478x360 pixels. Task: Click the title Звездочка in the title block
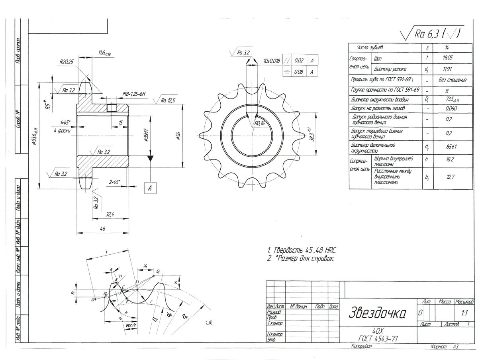[x=377, y=313]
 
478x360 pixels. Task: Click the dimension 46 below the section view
[x=103, y=228]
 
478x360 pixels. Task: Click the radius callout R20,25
[x=66, y=62]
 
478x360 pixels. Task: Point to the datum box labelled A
[x=150, y=188]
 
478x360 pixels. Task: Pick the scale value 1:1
[x=463, y=313]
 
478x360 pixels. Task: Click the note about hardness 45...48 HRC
[x=302, y=250]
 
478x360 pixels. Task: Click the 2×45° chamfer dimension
[x=114, y=182]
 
